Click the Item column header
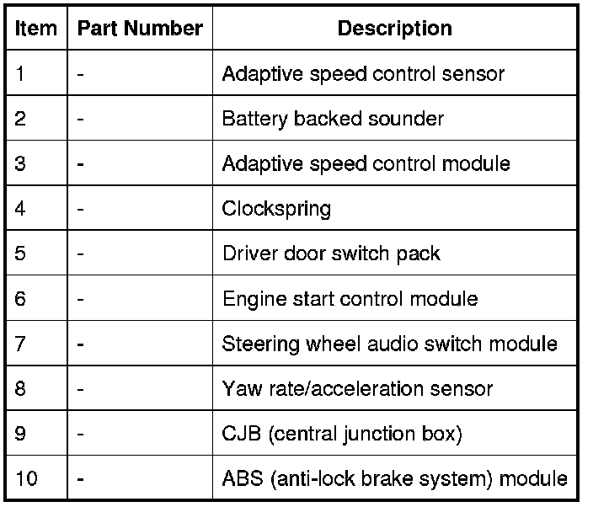36,28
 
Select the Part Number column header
140,28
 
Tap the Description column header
394,28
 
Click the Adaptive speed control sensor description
363,73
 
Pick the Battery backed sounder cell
333,119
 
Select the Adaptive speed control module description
366,163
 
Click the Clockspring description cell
276,208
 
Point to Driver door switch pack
331,253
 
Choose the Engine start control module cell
350,298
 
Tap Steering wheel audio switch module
389,344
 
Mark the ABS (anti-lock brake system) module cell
394,479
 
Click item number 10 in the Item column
26,479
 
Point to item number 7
21,344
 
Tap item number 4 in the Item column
21,208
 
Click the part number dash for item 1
80,73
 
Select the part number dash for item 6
80,298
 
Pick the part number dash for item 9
80,435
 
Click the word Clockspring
276,208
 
